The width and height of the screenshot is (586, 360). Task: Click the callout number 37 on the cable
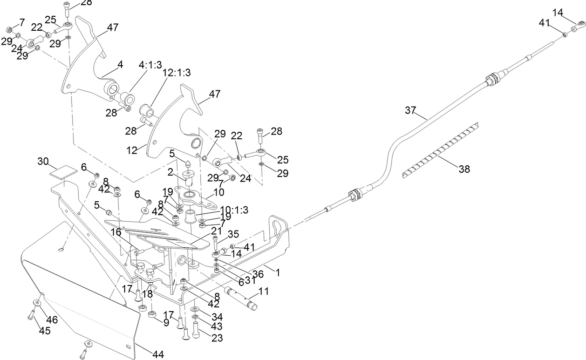coord(410,110)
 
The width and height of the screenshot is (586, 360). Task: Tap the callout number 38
coord(464,170)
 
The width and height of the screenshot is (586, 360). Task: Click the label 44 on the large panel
coord(158,354)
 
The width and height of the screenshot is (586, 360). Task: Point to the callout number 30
coord(43,161)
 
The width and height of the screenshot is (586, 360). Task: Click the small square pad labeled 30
coord(62,171)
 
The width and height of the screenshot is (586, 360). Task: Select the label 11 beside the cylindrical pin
coord(264,292)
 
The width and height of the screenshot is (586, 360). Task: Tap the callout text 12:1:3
coord(177,73)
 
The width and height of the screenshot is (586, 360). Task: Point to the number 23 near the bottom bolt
coord(217,338)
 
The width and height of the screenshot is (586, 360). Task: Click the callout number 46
coord(51,319)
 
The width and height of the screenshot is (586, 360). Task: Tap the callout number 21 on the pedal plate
coord(216,231)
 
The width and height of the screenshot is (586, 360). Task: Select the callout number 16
coord(116,232)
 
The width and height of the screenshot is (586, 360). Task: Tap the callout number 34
coord(217,317)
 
